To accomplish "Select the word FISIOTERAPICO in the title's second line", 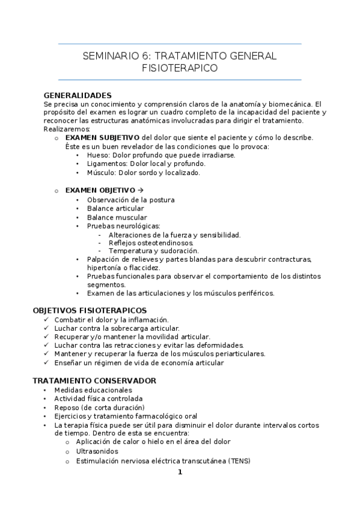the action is click(x=180, y=69).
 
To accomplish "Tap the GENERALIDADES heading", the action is click(x=78, y=95).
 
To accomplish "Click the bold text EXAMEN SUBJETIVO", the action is click(x=102, y=137).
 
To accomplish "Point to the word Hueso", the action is click(x=98, y=155).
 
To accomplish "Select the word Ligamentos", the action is click(x=107, y=163).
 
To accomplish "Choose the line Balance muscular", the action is click(x=117, y=217).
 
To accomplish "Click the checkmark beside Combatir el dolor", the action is click(x=47, y=319).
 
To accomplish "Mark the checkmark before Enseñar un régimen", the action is click(x=47, y=363).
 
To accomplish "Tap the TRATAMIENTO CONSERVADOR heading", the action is click(x=94, y=381).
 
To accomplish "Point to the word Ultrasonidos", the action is click(x=97, y=451).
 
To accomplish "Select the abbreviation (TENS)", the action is click(x=236, y=461).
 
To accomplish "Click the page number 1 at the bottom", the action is click(x=180, y=472).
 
